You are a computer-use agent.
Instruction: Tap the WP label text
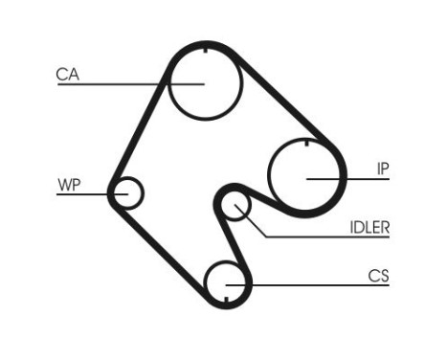tap(69, 185)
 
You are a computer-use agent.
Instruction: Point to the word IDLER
tap(369, 227)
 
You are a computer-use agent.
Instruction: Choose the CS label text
tap(379, 276)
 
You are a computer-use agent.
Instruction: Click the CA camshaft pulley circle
tap(205, 81)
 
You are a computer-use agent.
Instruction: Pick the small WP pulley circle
tap(126, 193)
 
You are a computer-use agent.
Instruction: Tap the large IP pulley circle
tap(305, 175)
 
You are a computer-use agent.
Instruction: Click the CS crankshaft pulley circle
tap(227, 283)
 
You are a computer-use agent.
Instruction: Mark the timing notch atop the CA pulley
tap(205, 47)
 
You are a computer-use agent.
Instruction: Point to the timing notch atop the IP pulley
tap(305, 143)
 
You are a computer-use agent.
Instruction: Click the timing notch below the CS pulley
tap(227, 305)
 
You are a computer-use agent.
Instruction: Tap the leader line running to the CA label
tap(115, 82)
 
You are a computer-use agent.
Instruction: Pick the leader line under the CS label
tap(316, 284)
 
